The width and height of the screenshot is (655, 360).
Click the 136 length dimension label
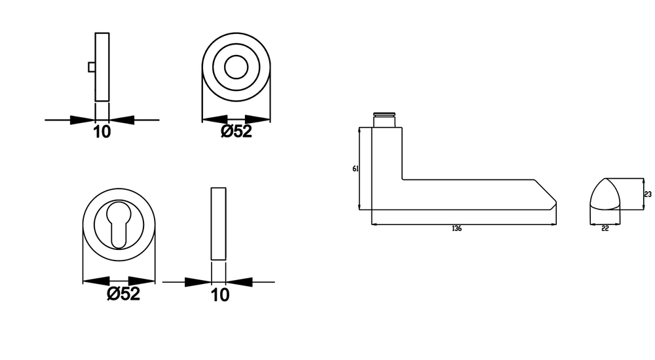point(457,228)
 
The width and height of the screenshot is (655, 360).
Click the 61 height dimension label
point(356,169)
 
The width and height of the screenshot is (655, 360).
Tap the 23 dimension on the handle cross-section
point(648,194)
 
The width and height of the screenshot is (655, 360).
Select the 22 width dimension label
point(605,228)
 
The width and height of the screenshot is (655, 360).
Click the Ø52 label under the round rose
point(236,131)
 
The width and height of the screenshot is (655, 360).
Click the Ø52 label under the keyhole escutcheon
point(123,294)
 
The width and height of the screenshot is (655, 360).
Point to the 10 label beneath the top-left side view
point(102,132)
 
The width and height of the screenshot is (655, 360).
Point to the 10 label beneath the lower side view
point(220,295)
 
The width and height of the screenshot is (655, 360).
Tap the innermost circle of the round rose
point(236,56)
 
